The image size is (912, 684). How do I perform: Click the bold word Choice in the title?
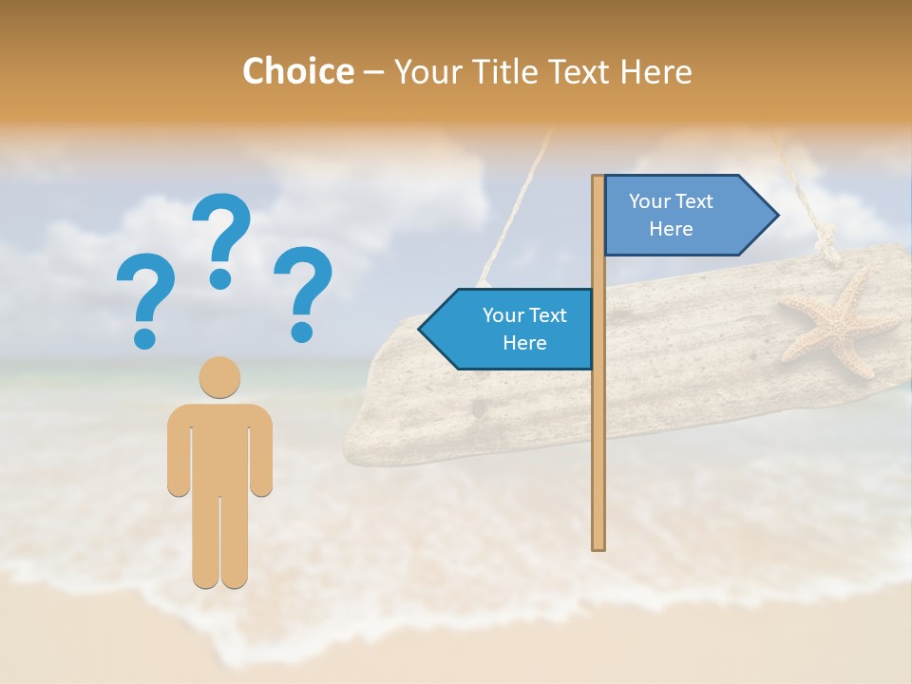[297, 71]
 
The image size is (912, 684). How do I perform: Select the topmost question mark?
[221, 238]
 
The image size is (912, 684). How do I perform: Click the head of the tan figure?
[219, 377]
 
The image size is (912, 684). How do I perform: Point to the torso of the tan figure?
[219, 446]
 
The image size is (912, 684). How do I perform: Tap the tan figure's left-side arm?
[178, 451]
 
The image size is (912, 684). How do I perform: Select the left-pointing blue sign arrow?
[513, 329]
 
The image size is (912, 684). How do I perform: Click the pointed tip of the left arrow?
[422, 329]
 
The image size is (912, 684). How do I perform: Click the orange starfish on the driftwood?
[837, 323]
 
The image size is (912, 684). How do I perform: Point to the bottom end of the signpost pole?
[598, 543]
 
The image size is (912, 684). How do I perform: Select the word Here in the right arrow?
[671, 229]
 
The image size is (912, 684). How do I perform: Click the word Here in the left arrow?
[524, 343]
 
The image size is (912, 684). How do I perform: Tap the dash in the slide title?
[373, 72]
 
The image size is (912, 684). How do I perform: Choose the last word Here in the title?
[655, 71]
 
